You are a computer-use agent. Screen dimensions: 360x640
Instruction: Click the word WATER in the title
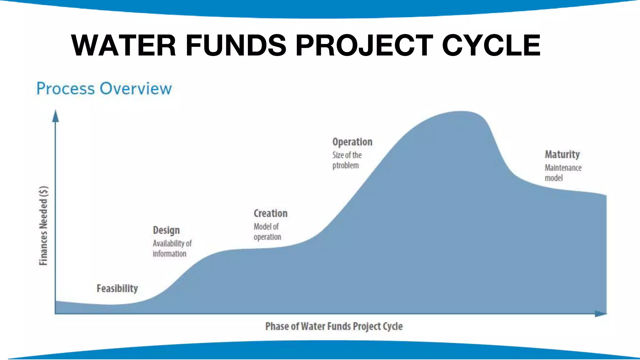[x=124, y=46]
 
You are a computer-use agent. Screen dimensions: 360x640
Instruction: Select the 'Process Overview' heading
[x=104, y=88]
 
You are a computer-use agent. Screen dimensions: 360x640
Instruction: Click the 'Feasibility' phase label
[x=117, y=288]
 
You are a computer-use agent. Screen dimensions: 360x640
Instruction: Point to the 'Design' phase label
[x=166, y=230]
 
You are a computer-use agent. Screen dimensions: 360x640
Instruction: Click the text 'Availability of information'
[x=172, y=248]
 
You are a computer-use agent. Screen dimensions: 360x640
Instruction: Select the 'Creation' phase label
[x=270, y=213]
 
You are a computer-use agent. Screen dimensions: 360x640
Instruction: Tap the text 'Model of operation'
[x=267, y=232]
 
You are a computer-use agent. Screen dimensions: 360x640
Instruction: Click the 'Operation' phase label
[x=352, y=142]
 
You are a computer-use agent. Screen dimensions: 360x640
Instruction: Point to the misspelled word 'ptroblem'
[x=345, y=165]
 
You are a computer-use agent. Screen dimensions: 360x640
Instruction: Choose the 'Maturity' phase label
[x=562, y=154]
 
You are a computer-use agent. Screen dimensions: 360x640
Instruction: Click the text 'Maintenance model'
[x=563, y=172]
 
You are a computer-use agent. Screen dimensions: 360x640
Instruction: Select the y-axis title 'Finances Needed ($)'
[x=43, y=226]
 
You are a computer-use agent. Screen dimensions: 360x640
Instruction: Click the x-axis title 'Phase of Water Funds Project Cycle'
[x=334, y=326]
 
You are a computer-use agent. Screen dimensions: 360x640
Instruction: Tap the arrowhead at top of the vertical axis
[x=56, y=116]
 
